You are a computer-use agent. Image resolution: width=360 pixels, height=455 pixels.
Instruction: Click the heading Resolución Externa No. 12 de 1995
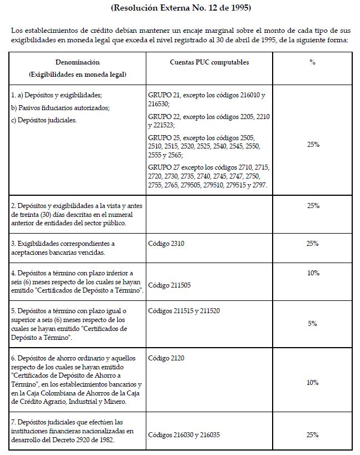[181, 8]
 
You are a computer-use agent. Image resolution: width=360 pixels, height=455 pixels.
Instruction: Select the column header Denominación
[77, 62]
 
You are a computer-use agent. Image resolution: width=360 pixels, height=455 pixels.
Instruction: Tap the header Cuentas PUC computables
[209, 62]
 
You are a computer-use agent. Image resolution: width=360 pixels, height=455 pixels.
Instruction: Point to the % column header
[312, 62]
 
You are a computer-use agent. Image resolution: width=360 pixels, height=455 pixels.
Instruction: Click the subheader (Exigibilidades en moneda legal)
[77, 74]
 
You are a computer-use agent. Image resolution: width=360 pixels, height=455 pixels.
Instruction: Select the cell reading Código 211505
[171, 285]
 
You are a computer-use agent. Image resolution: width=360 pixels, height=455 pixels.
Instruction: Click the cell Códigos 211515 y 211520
[184, 311]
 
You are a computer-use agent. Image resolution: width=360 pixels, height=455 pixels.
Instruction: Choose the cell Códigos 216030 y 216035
[185, 435]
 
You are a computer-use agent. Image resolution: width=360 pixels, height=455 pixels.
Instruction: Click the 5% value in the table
[312, 324]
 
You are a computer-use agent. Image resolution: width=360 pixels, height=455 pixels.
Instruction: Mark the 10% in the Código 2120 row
[312, 383]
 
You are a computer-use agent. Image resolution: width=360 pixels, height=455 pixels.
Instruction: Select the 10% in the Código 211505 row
[312, 273]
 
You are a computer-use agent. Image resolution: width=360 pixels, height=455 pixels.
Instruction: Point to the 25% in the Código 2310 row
[312, 244]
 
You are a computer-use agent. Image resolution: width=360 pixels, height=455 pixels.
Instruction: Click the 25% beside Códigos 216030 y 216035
[312, 435]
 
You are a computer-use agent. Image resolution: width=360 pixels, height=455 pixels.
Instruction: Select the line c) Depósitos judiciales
[42, 120]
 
